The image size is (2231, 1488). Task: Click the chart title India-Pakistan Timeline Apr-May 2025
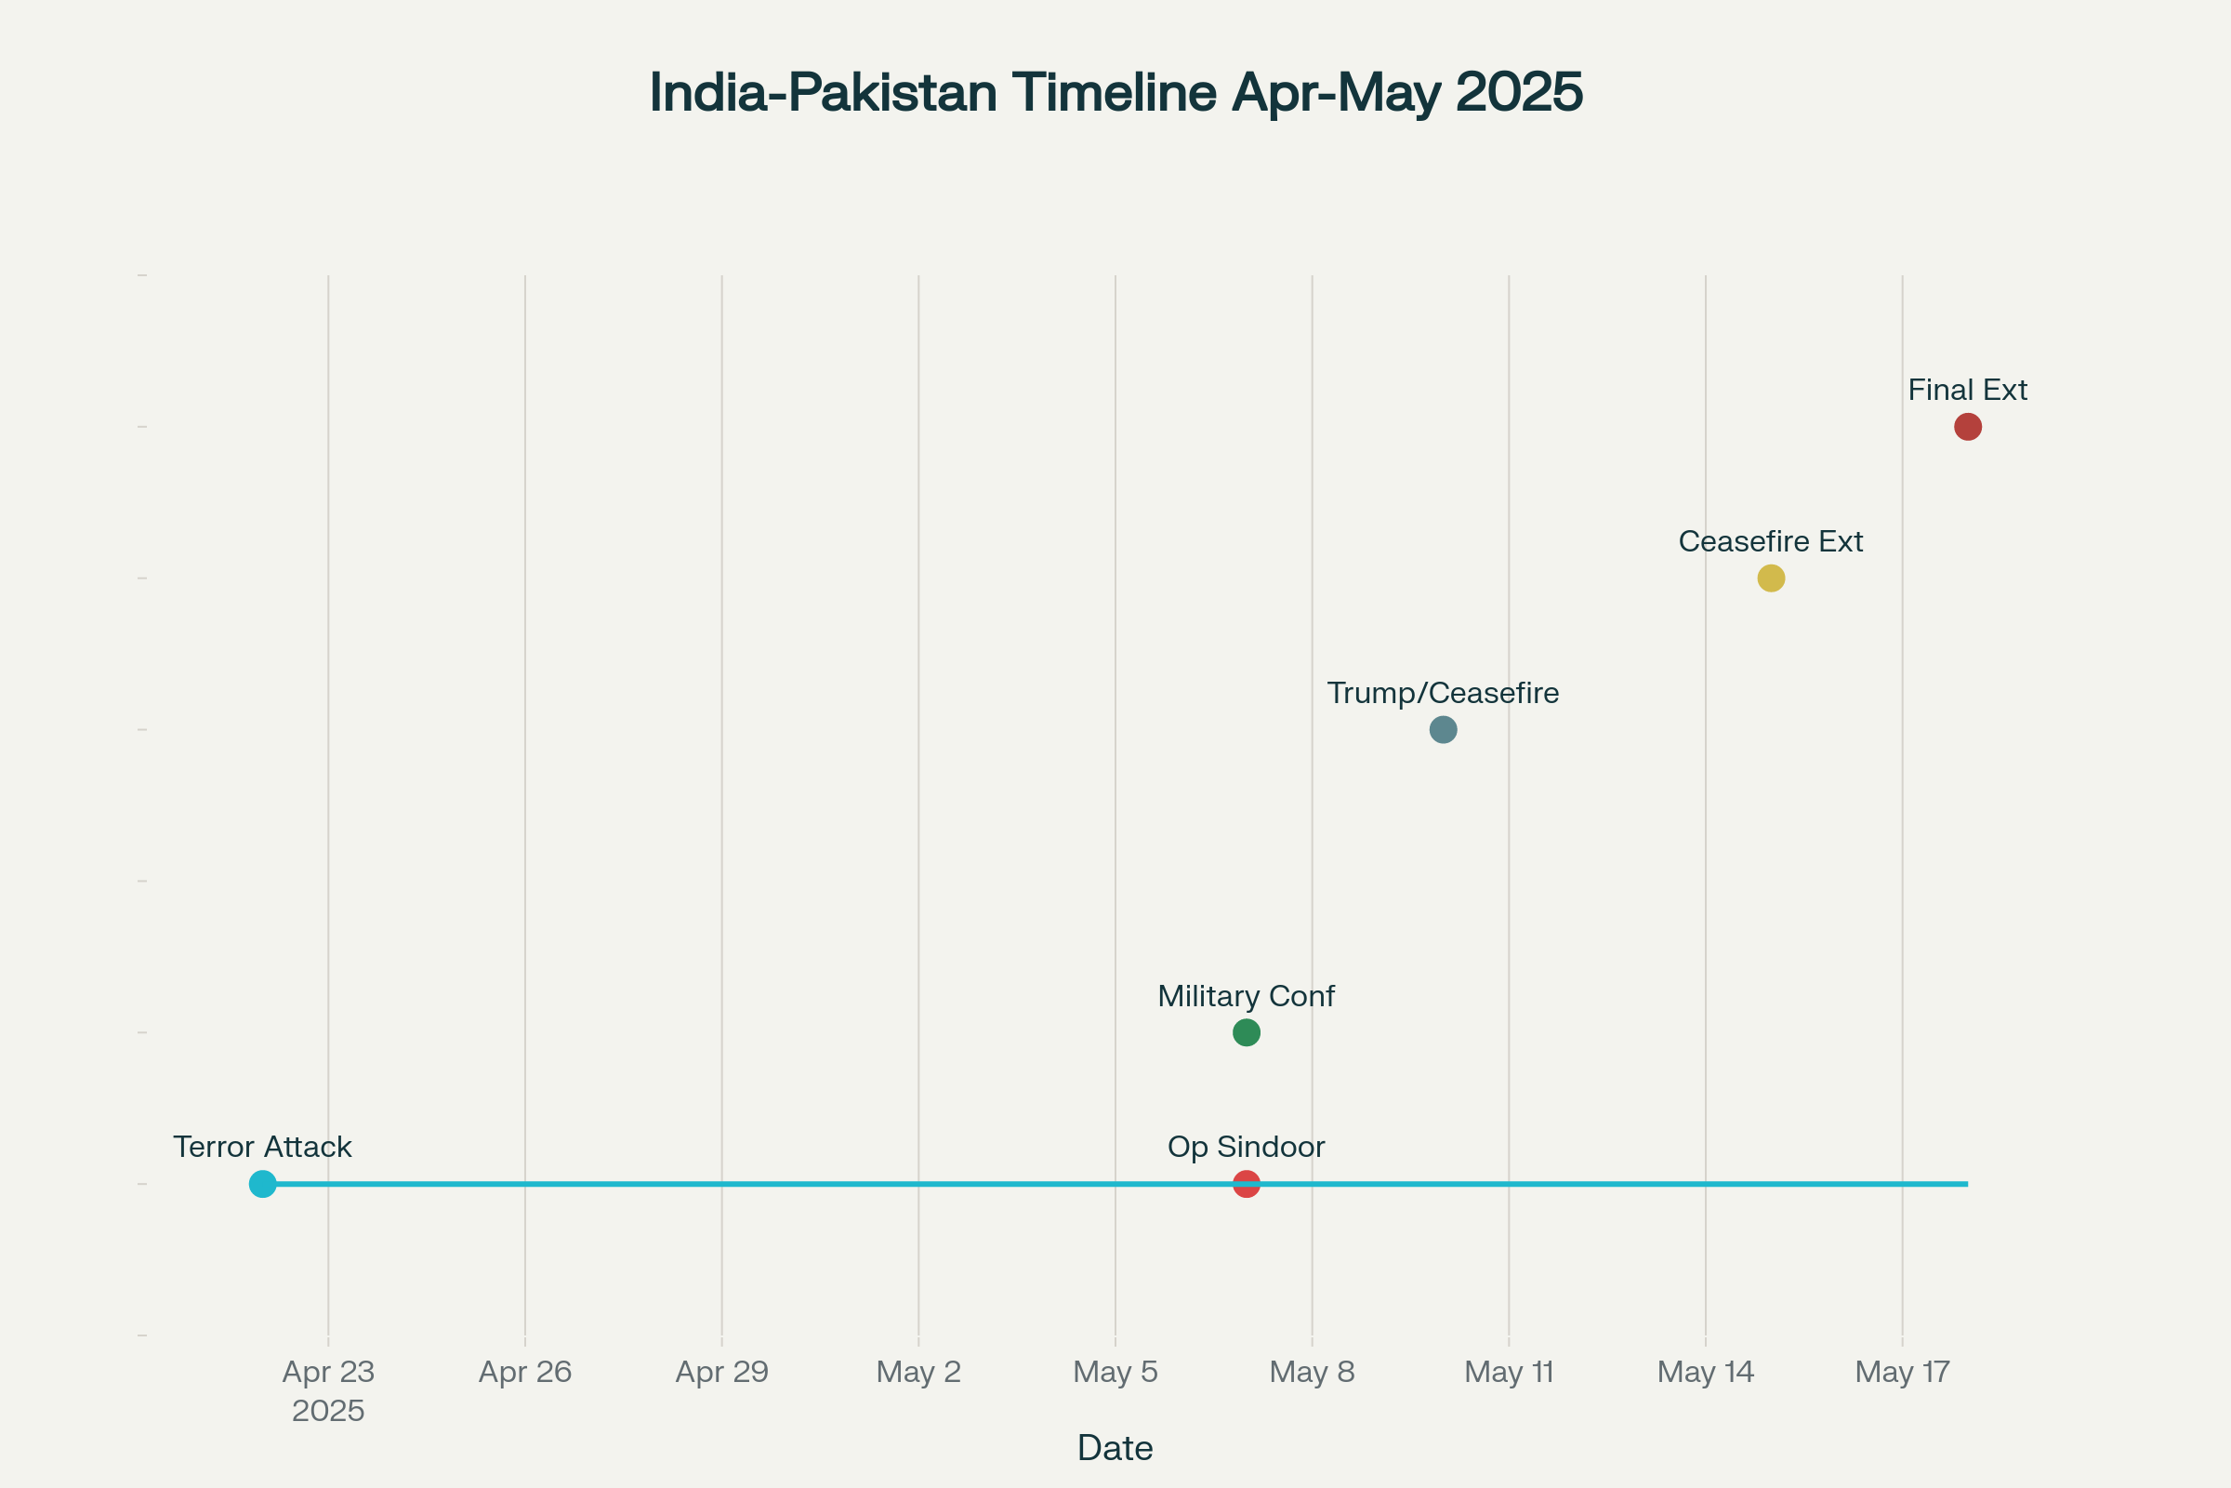tap(1115, 93)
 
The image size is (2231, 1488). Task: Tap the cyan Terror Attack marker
tap(263, 1184)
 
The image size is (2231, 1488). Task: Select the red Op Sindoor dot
tap(1247, 1184)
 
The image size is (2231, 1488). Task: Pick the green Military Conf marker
tap(1247, 1032)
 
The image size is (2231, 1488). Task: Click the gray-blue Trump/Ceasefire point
tap(1443, 730)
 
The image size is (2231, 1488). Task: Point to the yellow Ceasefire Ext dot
tap(1771, 578)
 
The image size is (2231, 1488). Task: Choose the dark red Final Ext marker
tap(1968, 427)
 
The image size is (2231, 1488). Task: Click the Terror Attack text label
tap(263, 1148)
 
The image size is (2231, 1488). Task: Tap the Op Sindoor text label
tap(1247, 1148)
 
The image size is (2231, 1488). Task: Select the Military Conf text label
tap(1247, 996)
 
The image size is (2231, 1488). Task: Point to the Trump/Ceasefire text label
tap(1443, 694)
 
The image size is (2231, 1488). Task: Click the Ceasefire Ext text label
tap(1771, 542)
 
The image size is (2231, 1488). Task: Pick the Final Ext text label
tap(1968, 390)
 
